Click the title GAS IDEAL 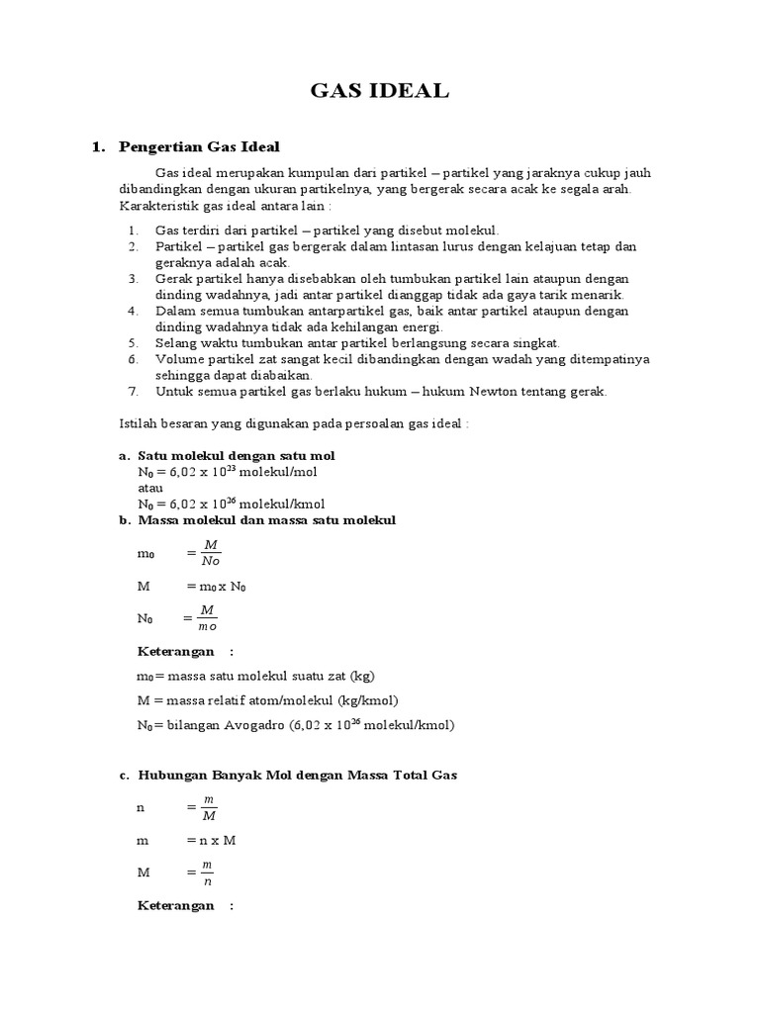[380, 92]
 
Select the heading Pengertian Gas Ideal [200, 146]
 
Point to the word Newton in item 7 [456, 391]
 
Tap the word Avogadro [251, 724]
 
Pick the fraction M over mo [208, 617]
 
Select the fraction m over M [208, 807]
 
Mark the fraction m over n [208, 872]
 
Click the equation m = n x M [210, 840]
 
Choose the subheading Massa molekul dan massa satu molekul [266, 519]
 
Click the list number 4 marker [134, 311]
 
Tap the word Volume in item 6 [178, 359]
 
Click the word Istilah [138, 422]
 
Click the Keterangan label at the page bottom [175, 905]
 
